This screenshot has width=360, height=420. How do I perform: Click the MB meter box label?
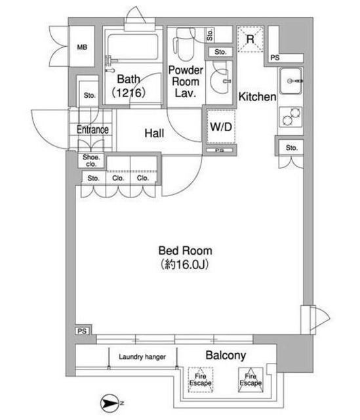pyautogui.click(x=82, y=47)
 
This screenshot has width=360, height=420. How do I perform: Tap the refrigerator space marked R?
pyautogui.click(x=250, y=39)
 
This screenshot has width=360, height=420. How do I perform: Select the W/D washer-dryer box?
pyautogui.click(x=221, y=127)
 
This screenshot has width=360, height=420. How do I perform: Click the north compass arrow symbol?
pyautogui.click(x=110, y=403)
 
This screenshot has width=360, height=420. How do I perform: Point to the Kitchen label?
pyautogui.click(x=257, y=96)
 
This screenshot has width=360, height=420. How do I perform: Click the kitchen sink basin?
pyautogui.click(x=291, y=81)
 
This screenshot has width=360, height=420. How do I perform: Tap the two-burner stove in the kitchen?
pyautogui.click(x=291, y=117)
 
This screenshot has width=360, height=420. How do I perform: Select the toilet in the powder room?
pyautogui.click(x=184, y=44)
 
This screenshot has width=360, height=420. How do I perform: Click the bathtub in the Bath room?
pyautogui.click(x=132, y=47)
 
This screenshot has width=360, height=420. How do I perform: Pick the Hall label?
pyautogui.click(x=154, y=133)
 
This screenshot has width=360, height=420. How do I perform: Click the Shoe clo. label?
pyautogui.click(x=91, y=160)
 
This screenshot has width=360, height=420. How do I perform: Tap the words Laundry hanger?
pyautogui.click(x=142, y=356)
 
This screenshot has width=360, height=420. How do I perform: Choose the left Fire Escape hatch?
pyautogui.click(x=201, y=380)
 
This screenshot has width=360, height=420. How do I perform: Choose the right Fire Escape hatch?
pyautogui.click(x=250, y=380)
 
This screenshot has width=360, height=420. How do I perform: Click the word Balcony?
pyautogui.click(x=226, y=356)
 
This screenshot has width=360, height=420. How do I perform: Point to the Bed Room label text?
pyautogui.click(x=185, y=251)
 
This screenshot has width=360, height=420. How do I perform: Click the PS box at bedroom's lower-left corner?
pyautogui.click(x=83, y=331)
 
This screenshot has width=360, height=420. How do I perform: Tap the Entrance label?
pyautogui.click(x=92, y=130)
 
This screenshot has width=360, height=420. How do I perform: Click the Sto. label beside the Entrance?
pyautogui.click(x=89, y=95)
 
